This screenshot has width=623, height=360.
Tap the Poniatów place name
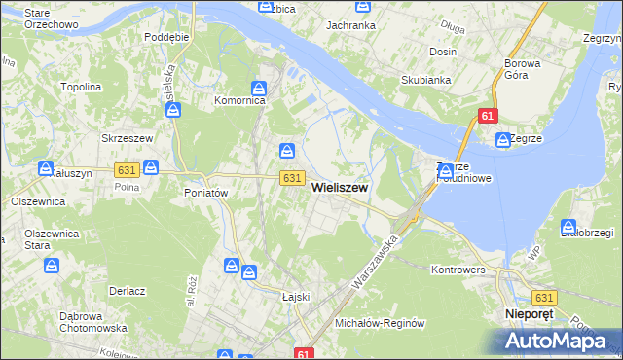205,193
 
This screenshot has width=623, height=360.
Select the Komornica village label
239,100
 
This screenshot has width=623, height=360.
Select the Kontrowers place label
458,268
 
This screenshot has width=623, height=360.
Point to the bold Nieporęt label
530,315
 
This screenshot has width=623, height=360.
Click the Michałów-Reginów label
381,323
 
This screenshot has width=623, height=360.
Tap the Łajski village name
294,297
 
